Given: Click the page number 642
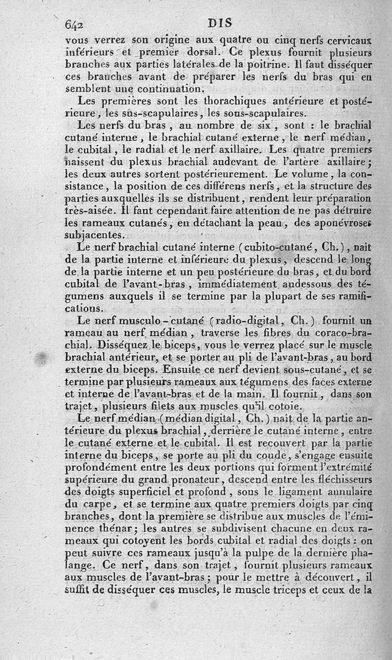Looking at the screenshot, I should [75, 25].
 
